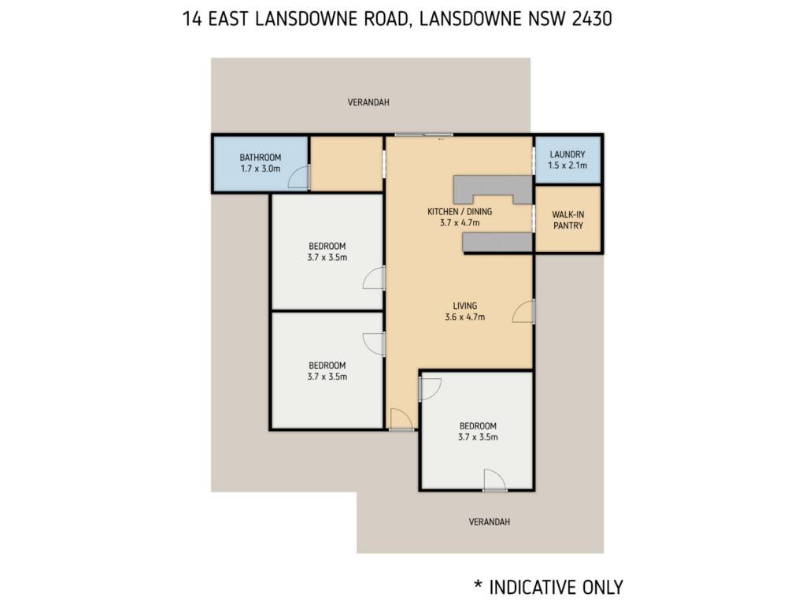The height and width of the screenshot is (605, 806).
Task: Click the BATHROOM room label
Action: point(260,158)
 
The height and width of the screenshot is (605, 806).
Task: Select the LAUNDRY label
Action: point(567,154)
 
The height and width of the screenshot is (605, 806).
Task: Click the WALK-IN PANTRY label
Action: point(568,221)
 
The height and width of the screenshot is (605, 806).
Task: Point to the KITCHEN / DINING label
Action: point(460,211)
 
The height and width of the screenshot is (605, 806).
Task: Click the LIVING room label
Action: point(464,306)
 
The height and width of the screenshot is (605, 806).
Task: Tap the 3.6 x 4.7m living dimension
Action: point(464,317)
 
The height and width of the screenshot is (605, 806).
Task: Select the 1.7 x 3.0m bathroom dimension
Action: point(260,169)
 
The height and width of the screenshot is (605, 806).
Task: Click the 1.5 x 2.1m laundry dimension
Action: point(567,165)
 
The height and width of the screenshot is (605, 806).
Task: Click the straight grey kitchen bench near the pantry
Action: point(497,242)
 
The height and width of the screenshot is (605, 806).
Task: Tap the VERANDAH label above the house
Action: point(368,102)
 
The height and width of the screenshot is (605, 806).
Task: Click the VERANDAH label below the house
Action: point(490,521)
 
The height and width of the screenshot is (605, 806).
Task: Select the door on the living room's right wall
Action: point(523,312)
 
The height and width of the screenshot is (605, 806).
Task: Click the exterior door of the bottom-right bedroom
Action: point(494,480)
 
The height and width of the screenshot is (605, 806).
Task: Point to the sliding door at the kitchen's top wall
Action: point(423,135)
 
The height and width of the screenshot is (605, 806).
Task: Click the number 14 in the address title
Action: point(192,19)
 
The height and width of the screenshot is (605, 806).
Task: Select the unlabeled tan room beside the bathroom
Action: point(347,164)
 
